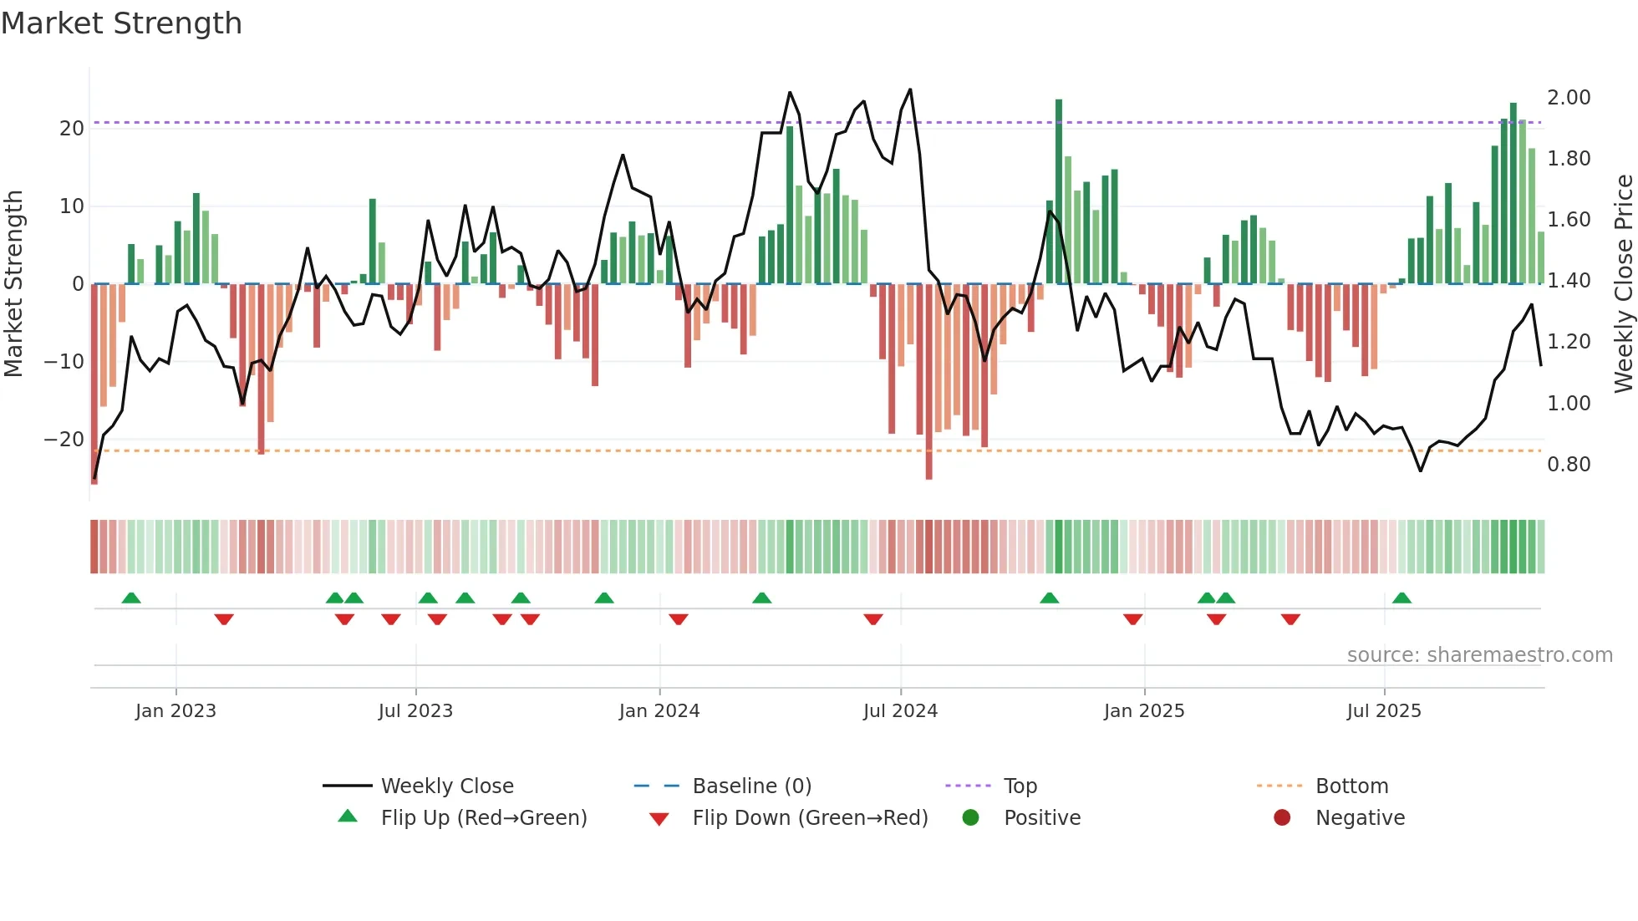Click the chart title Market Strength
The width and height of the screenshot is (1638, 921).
click(121, 23)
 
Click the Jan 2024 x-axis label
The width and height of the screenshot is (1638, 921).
click(659, 710)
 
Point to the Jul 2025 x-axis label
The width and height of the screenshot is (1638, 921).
click(1383, 710)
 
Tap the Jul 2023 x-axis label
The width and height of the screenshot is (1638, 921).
click(415, 710)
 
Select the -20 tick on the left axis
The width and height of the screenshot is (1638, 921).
click(64, 439)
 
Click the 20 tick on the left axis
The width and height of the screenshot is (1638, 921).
click(71, 128)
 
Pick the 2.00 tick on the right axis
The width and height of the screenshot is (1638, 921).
click(1569, 97)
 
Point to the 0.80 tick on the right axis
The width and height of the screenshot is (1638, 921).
click(1569, 464)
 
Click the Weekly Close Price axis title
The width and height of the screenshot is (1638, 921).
click(1623, 283)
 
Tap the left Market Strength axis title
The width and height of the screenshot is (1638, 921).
click(13, 283)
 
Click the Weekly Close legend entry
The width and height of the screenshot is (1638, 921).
click(446, 786)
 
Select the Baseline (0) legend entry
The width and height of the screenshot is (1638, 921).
click(751, 786)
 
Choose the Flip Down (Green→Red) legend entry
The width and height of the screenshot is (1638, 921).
click(809, 817)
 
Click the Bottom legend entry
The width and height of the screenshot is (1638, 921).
click(1351, 786)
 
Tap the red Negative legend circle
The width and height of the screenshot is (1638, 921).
click(1282, 817)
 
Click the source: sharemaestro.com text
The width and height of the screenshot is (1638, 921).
click(1479, 654)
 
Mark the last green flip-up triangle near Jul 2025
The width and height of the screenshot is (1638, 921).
click(1401, 598)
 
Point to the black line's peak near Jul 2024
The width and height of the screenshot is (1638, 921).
click(910, 89)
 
